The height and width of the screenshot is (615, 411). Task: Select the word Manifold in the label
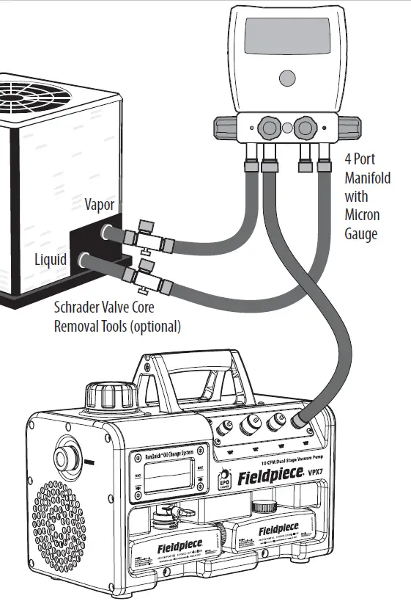(367, 178)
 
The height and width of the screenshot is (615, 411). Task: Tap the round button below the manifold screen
(287, 80)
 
